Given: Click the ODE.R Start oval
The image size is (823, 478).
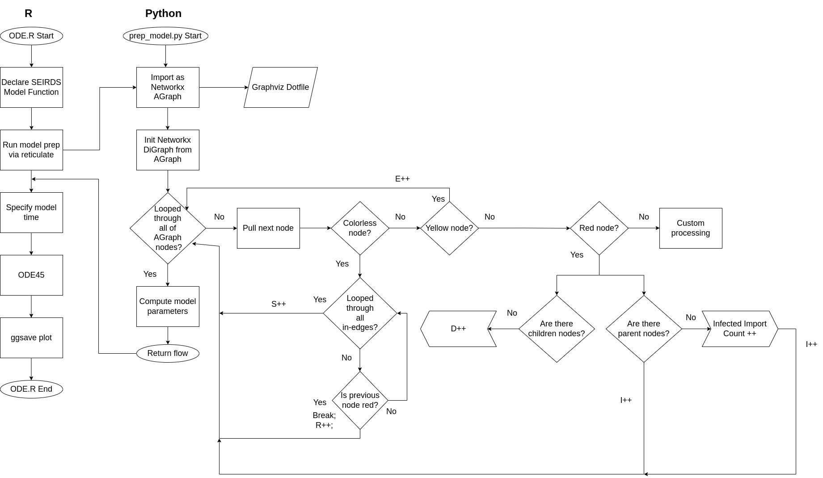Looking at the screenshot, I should click(x=31, y=36).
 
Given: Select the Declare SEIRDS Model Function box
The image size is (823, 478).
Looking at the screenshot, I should click(x=31, y=87).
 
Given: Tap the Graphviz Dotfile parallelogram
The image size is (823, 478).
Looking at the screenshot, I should click(x=280, y=87).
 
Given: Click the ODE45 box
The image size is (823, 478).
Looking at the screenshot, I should click(x=31, y=275).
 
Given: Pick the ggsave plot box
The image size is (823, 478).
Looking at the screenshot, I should click(x=31, y=338).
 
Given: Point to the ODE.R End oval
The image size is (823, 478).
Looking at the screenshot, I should click(x=31, y=389).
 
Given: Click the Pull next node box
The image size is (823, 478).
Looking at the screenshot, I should click(x=268, y=228).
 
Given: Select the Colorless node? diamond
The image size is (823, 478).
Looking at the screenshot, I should click(x=360, y=228).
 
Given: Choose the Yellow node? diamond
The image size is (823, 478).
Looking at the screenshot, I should click(x=449, y=228).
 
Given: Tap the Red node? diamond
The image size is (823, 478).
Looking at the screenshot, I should click(x=599, y=228).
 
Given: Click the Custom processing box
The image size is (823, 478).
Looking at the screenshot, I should click(x=691, y=228).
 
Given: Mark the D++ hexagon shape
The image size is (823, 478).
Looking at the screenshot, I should click(x=458, y=329).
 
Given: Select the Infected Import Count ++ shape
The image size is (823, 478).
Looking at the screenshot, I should click(x=740, y=329).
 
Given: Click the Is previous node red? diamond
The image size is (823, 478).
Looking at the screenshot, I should click(x=360, y=400).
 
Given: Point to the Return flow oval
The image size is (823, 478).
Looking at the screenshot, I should click(x=168, y=353).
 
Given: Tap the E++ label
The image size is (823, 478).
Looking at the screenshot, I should click(x=402, y=179).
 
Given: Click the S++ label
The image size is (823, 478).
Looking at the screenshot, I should click(x=279, y=304).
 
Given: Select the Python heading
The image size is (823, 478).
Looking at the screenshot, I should click(x=163, y=13).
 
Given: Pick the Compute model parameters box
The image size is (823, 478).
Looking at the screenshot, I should click(x=168, y=306).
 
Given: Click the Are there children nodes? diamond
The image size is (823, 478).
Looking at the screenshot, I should click(x=557, y=329).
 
